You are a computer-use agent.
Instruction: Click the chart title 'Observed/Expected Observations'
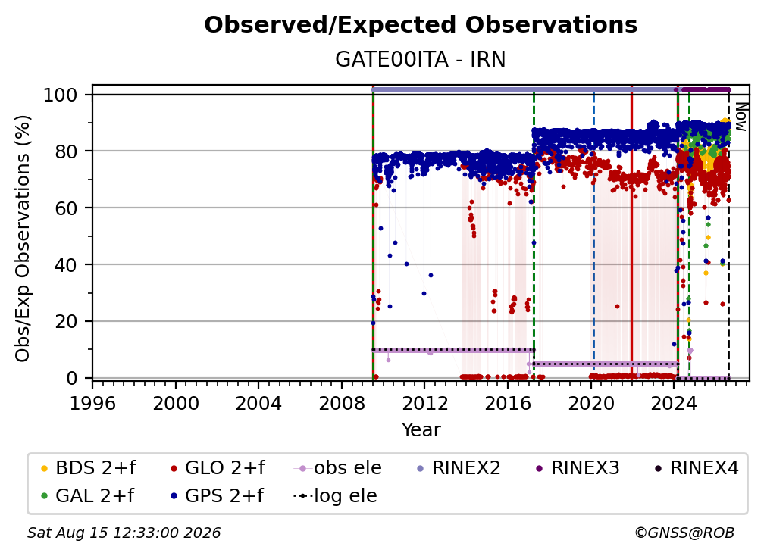click(421, 25)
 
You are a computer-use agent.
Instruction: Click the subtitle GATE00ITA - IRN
click(421, 60)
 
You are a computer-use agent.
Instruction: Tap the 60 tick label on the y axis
click(66, 208)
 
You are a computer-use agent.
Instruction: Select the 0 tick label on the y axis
click(72, 378)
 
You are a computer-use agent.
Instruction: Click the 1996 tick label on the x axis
click(92, 404)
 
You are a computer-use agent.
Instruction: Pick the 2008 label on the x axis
click(342, 404)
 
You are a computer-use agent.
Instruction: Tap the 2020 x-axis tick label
click(590, 404)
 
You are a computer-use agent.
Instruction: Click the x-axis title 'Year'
click(421, 430)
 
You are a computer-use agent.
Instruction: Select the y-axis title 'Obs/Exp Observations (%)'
click(23, 239)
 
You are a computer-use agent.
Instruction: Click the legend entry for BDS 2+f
click(88, 468)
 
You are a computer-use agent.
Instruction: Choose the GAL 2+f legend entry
click(87, 496)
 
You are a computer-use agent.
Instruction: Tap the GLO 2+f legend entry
click(218, 468)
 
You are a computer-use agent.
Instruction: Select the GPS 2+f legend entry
click(216, 496)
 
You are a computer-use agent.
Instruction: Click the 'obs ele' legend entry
click(337, 468)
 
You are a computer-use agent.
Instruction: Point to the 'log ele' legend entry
click(335, 496)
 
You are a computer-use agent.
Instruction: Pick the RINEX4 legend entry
click(697, 468)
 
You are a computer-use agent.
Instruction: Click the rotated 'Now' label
click(741, 117)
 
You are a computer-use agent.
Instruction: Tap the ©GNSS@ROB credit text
click(684, 533)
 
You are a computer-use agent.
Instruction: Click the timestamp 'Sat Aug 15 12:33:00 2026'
click(124, 533)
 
